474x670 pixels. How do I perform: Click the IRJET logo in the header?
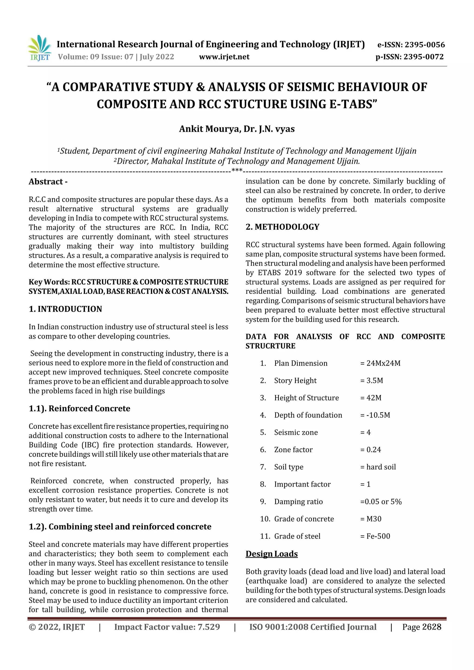(x=40, y=48)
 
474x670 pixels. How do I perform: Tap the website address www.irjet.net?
(x=224, y=57)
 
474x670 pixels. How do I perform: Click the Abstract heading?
(x=48, y=182)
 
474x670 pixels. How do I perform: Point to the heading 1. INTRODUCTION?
(x=65, y=309)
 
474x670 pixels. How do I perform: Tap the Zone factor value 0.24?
(x=374, y=450)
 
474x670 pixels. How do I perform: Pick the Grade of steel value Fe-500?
(x=378, y=536)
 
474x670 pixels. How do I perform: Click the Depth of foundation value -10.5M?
(x=378, y=415)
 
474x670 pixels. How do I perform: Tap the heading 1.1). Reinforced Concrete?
(x=79, y=408)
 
